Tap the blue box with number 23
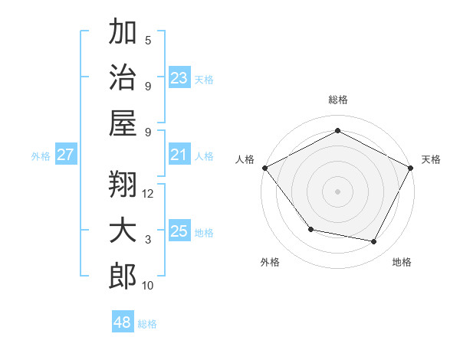179,78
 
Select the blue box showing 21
179,155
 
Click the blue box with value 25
179,231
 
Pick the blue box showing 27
66,155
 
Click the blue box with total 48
123,322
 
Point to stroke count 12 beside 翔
148,193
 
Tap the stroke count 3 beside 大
148,240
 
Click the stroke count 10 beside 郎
148,286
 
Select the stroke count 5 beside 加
148,40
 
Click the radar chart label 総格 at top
338,100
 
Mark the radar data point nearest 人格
264,167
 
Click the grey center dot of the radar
338,191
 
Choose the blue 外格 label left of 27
41,155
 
